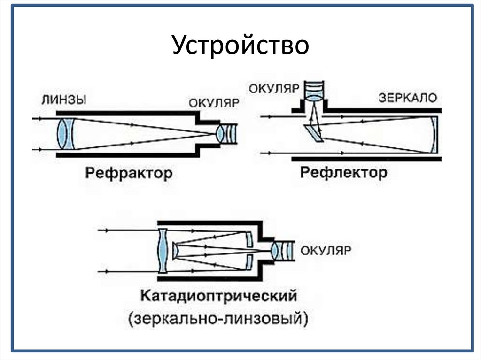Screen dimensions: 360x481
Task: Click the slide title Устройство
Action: [x=240, y=46]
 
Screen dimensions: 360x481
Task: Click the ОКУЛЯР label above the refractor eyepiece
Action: [x=214, y=103]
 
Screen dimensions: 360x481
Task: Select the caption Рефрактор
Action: [x=129, y=173]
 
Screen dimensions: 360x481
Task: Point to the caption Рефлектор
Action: [x=344, y=173]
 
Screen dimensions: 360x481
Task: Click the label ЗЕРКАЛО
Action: [x=408, y=98]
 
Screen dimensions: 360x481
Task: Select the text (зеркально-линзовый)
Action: [x=219, y=319]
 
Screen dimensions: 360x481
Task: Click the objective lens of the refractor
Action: [x=66, y=134]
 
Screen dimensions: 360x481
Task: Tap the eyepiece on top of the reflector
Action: [x=312, y=91]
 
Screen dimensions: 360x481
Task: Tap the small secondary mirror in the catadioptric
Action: [x=175, y=251]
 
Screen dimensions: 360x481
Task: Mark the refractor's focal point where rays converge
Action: [x=214, y=134]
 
